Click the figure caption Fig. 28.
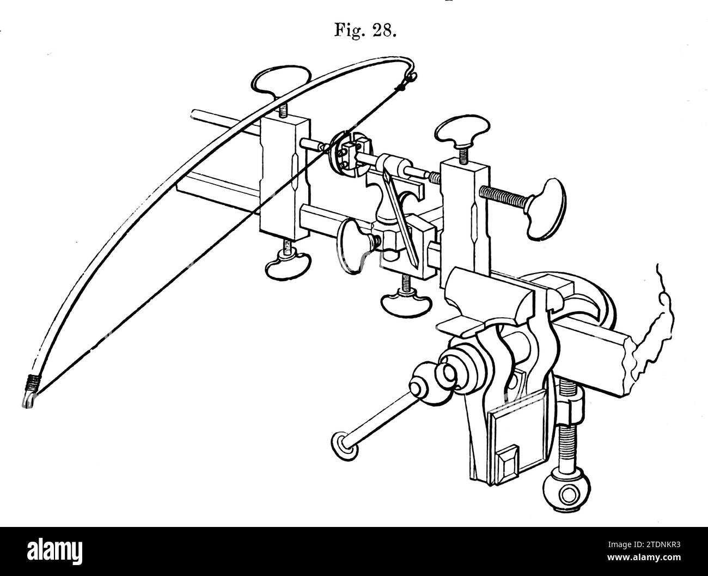(x=365, y=31)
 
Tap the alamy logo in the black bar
(x=54, y=551)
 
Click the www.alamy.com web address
(x=644, y=557)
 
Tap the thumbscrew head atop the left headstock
(x=281, y=82)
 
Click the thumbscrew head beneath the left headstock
(x=288, y=265)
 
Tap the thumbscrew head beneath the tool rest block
(x=406, y=302)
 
